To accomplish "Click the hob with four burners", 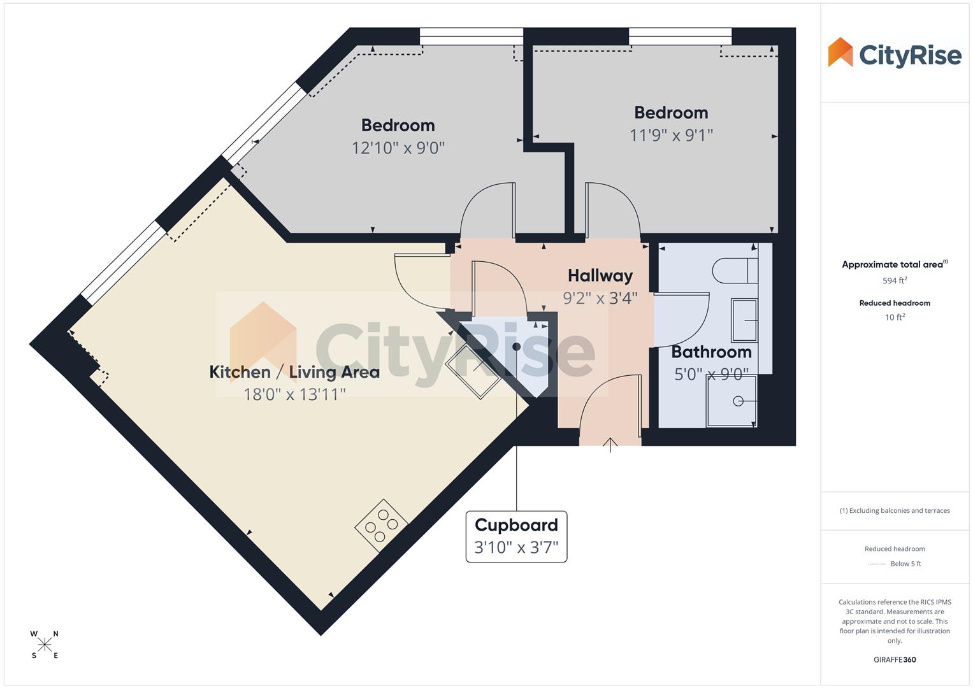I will (x=381, y=525).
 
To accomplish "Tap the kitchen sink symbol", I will (x=473, y=372).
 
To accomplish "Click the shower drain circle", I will (x=738, y=401).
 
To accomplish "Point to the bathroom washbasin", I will (x=744, y=320).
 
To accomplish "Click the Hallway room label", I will (x=600, y=276).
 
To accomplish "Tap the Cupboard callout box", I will (x=516, y=536).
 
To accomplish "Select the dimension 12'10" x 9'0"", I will (x=398, y=148).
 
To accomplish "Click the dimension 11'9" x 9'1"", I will (x=671, y=135).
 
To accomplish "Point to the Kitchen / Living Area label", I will (x=294, y=372).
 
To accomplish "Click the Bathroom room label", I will (x=711, y=352).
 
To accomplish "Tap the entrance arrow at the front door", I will (x=610, y=444).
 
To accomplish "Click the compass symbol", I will (x=45, y=645).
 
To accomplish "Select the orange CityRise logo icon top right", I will (x=840, y=53).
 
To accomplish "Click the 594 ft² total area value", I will (x=895, y=280).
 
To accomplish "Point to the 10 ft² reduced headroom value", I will (x=895, y=317).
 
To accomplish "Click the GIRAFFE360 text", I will (x=895, y=660).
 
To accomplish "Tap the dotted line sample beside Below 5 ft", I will (x=877, y=564).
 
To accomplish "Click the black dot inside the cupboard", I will (x=517, y=347).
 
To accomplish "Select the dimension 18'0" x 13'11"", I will (x=294, y=394).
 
